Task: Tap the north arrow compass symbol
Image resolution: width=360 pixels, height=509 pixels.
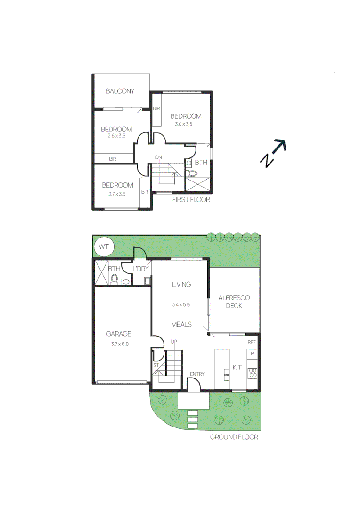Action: pyautogui.click(x=273, y=153)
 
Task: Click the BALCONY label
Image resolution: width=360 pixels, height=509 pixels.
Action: pyautogui.click(x=120, y=91)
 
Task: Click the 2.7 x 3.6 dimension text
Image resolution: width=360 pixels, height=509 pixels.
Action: pyautogui.click(x=117, y=194)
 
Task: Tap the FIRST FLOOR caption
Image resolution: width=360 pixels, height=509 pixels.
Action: pyautogui.click(x=191, y=200)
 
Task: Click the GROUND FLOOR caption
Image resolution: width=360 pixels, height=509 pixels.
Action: pyautogui.click(x=234, y=437)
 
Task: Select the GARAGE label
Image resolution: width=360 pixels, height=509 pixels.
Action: pyautogui.click(x=118, y=334)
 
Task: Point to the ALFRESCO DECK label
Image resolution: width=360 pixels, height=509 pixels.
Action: pyautogui.click(x=234, y=302)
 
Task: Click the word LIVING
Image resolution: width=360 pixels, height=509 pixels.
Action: pyautogui.click(x=181, y=284)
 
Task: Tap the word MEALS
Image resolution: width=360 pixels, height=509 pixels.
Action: pyautogui.click(x=181, y=324)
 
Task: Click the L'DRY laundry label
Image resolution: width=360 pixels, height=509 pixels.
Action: pyautogui.click(x=140, y=269)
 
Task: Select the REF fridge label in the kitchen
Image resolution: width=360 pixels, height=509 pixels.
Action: pyautogui.click(x=252, y=343)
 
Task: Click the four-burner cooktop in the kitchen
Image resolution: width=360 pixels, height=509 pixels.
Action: pyautogui.click(x=253, y=373)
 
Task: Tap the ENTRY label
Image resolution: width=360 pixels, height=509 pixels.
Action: pyautogui.click(x=197, y=374)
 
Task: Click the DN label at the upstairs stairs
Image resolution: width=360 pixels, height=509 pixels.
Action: pyautogui.click(x=159, y=158)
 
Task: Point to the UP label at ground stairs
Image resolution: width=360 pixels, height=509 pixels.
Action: pyautogui.click(x=173, y=341)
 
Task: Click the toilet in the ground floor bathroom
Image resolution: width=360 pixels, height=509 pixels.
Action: pyautogui.click(x=114, y=279)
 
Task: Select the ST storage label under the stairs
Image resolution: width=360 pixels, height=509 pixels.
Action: pyautogui.click(x=155, y=365)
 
